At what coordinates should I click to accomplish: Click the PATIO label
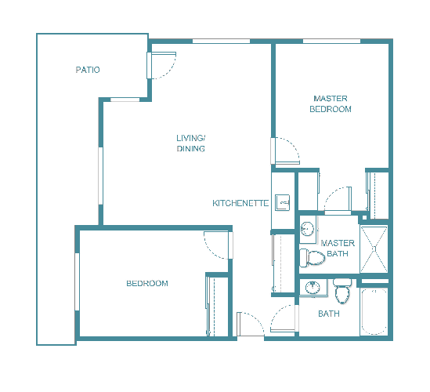click(x=88, y=71)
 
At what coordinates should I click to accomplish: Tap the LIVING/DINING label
click(x=190, y=143)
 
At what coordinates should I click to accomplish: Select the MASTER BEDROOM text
click(x=331, y=103)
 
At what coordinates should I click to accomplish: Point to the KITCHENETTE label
click(x=240, y=203)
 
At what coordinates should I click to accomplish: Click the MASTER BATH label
click(x=338, y=248)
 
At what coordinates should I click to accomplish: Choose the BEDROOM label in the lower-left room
click(x=146, y=283)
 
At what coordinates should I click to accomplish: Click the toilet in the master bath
click(x=315, y=256)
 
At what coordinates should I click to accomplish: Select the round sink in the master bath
click(x=308, y=229)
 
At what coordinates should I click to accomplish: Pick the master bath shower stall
click(x=374, y=249)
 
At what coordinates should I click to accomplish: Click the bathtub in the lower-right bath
click(x=374, y=311)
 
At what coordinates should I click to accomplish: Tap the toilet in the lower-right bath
click(x=341, y=292)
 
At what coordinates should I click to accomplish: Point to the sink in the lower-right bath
click(x=314, y=287)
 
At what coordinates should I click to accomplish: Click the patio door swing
click(x=164, y=65)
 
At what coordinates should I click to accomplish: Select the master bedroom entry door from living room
click(x=285, y=151)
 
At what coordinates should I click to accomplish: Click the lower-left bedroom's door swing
click(x=218, y=245)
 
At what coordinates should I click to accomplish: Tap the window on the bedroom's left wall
click(x=77, y=283)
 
